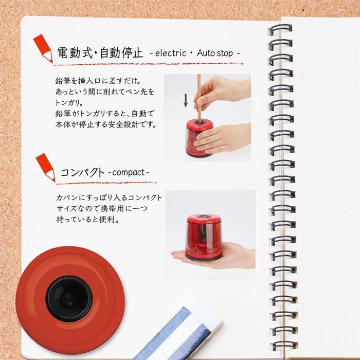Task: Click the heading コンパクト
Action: (83, 172)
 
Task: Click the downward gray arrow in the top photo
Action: (186, 100)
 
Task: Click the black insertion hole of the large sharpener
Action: (69, 297)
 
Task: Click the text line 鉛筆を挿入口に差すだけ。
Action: (98, 82)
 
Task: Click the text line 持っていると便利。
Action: (87, 220)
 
